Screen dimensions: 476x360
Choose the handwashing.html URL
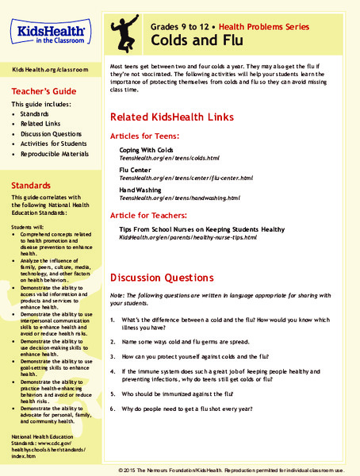[173, 197]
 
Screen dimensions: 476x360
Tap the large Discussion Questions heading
[163, 278]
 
